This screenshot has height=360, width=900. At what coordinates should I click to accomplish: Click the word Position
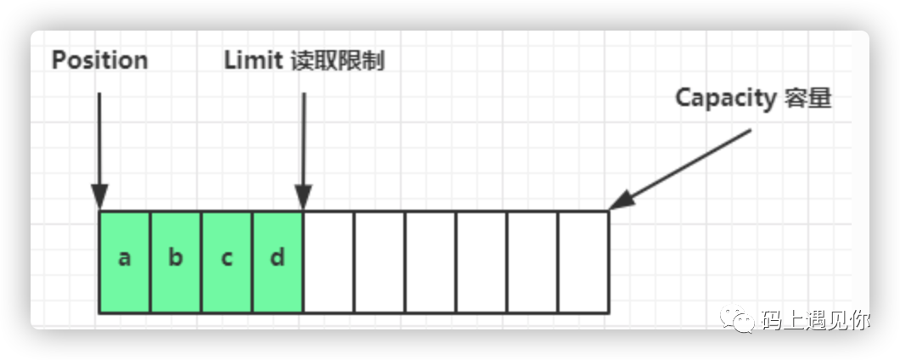(99, 60)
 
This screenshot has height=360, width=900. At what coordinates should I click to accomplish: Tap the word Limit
(253, 60)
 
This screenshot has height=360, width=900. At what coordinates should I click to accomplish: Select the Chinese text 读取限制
(337, 60)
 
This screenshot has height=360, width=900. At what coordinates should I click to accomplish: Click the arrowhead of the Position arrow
(99, 197)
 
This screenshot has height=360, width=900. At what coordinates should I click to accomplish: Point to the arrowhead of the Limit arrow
(303, 197)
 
